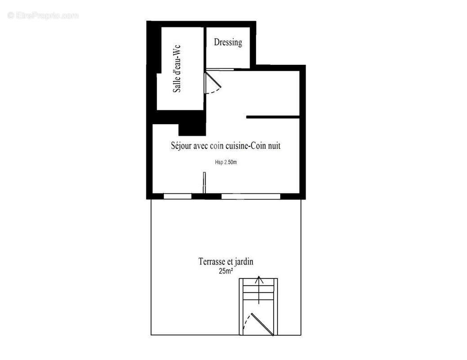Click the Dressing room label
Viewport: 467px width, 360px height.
pos(228,42)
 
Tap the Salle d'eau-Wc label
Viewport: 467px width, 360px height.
pos(177,68)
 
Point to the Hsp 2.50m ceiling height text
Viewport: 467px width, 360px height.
pos(226,162)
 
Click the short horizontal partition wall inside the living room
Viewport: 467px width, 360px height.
pos(273,117)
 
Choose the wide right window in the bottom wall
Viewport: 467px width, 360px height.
pos(251,196)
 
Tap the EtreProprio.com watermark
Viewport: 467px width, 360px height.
pos(43,15)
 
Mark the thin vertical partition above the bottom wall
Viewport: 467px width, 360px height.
pos(204,183)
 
